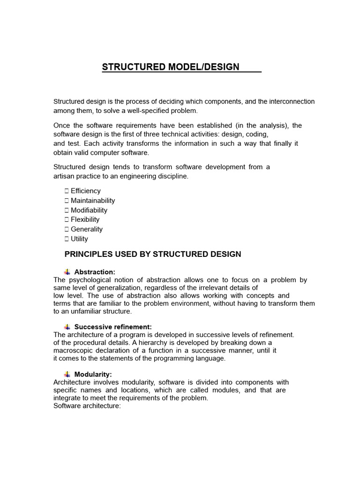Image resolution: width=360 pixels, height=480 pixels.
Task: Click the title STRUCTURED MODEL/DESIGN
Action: tap(171, 67)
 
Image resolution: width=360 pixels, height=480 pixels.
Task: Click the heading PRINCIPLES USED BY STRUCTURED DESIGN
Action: tap(152, 255)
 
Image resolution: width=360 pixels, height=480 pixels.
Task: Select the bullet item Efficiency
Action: tap(85, 191)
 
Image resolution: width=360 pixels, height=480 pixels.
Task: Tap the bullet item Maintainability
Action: tap(92, 201)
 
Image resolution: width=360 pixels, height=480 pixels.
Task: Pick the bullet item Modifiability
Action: tap(89, 210)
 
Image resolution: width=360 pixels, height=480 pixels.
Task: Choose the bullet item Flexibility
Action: tap(85, 219)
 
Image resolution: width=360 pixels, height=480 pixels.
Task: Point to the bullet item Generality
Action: tap(86, 229)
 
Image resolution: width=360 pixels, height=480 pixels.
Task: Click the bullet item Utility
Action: tap(79, 239)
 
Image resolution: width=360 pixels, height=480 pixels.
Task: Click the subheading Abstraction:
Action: tap(95, 272)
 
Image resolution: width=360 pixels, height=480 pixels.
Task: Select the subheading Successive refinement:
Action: tap(113, 327)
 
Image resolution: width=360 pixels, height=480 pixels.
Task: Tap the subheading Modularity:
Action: tap(93, 375)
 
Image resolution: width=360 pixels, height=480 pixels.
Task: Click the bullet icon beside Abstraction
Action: tap(67, 272)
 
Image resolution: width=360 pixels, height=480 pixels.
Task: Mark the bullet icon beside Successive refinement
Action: tap(67, 327)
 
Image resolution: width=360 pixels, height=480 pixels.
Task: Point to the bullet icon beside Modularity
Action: tap(67, 375)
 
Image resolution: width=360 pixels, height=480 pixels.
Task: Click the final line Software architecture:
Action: tap(87, 406)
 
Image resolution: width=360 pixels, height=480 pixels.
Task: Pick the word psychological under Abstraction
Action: tap(89, 280)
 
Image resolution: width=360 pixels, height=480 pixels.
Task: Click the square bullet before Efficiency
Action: tap(67, 191)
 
